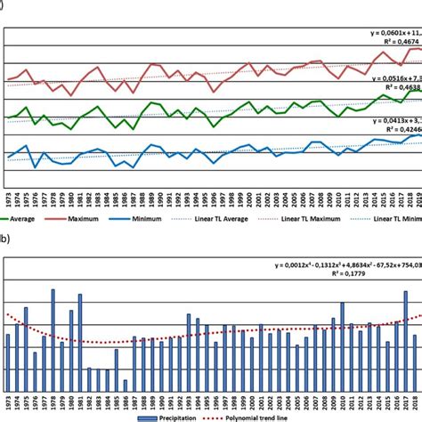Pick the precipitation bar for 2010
(x=343, y=348)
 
